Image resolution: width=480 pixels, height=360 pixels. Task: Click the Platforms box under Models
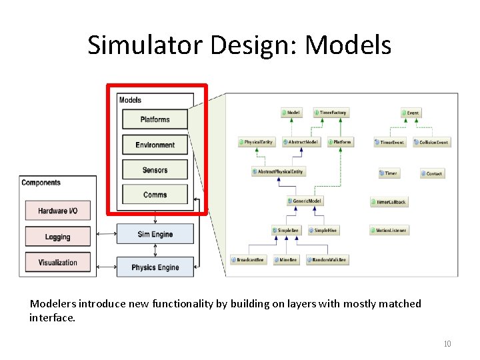coord(155,119)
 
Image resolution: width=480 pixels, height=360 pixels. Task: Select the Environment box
coord(155,145)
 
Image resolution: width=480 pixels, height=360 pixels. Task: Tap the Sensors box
coord(155,170)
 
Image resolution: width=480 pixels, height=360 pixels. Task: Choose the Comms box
coord(155,195)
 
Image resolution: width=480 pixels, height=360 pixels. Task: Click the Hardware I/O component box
coord(57,211)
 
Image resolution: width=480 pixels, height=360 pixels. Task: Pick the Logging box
coord(57,237)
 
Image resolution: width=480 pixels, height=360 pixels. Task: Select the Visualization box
coord(57,262)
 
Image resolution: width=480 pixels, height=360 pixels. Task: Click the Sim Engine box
coord(155,234)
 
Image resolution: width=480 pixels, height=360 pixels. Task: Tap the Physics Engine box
coord(155,267)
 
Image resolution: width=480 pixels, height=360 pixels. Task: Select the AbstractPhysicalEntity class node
coord(277,171)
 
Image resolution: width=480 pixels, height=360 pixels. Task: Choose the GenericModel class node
coord(305,201)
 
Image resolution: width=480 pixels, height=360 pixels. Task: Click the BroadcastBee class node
coord(247,259)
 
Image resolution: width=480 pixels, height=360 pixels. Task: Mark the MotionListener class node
coord(388,230)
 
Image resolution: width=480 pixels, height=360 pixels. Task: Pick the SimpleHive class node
coord(323,230)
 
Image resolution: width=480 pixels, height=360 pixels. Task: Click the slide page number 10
coord(447,344)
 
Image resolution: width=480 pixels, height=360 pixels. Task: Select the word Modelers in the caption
coord(51,304)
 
